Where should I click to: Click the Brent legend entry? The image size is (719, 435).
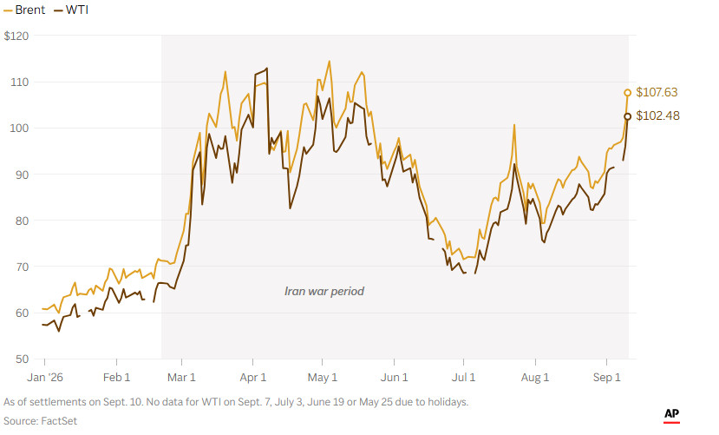(25, 10)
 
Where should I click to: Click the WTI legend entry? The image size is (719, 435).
(71, 10)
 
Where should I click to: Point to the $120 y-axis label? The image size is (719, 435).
(16, 36)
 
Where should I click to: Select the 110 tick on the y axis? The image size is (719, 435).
(19, 82)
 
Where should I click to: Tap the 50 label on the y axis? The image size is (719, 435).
(22, 359)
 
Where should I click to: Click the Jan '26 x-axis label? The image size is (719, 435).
(45, 378)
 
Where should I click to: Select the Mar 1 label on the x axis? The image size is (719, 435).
(181, 378)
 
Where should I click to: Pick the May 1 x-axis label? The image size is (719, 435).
(323, 378)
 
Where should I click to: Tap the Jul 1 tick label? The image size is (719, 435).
(464, 378)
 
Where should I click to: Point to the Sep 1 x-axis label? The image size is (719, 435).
(606, 378)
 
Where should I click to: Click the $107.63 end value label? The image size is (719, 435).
(657, 92)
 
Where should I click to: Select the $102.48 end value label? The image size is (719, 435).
(657, 115)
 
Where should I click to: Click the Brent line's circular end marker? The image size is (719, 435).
(627, 93)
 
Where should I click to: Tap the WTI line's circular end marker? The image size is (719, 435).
(627, 116)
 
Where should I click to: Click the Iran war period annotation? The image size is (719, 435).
(324, 292)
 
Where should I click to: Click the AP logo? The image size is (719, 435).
(672, 415)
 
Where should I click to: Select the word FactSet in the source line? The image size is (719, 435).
(59, 421)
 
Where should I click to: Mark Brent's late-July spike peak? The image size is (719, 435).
(514, 125)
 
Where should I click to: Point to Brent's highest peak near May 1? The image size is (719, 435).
(329, 61)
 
